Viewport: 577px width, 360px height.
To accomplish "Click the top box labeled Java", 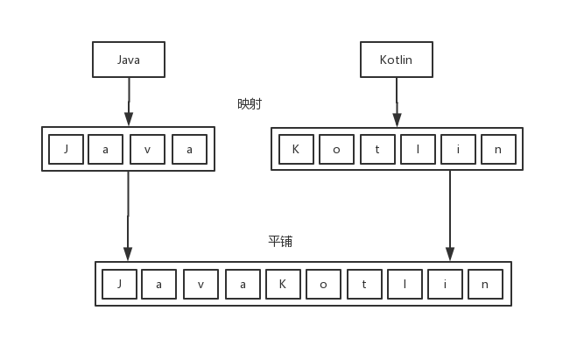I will click(x=129, y=60).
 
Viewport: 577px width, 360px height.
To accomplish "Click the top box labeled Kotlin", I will click(x=396, y=60).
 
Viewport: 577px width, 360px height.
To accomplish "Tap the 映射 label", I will click(x=250, y=103).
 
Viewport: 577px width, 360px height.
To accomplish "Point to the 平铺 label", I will click(x=280, y=241).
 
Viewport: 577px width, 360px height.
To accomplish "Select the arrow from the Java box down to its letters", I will click(x=129, y=102).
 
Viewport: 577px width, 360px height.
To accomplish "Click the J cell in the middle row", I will click(x=66, y=149).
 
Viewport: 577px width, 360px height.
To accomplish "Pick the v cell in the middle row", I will click(x=147, y=149).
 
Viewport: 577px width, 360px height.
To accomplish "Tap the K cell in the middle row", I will click(x=296, y=149).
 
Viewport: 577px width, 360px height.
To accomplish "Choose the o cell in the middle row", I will click(x=336, y=149).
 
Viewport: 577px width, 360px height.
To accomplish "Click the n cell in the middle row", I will click(x=498, y=149).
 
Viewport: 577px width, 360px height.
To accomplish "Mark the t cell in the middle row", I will click(x=377, y=149).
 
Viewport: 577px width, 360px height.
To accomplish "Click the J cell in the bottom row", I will click(x=118, y=284).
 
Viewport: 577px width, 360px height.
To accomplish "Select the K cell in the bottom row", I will click(x=283, y=284).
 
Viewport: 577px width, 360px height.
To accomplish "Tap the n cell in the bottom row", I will click(x=485, y=284).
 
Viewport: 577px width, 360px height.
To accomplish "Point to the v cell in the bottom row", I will click(x=201, y=284).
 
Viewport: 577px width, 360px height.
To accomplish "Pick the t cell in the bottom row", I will click(x=363, y=284).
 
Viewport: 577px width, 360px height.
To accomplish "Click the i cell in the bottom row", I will click(x=445, y=284).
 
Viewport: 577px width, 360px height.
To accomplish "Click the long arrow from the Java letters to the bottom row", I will click(x=128, y=215).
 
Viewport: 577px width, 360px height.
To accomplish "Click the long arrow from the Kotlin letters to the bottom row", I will click(x=450, y=215).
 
